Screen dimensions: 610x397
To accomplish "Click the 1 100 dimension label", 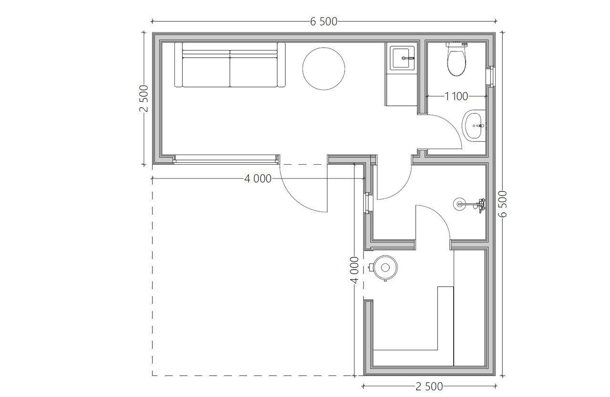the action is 457,96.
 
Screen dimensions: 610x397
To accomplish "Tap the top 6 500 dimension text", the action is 324,21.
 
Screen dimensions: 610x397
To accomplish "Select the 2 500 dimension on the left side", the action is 144,98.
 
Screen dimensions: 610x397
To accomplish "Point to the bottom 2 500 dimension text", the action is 429,387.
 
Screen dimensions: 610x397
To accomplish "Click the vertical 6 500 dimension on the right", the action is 503,204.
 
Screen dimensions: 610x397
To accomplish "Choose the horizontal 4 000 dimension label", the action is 258,179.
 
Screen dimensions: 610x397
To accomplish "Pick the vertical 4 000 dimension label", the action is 355,270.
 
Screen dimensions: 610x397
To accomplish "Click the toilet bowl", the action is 457,62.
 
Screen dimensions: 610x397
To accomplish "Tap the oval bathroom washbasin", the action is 474,125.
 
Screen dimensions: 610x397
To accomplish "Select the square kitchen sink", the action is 402,58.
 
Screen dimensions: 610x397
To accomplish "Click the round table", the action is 324,68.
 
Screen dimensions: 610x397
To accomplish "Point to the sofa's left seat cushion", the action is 206,72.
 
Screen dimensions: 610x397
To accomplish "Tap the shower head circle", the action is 459,204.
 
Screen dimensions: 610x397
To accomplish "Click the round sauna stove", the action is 385,268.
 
